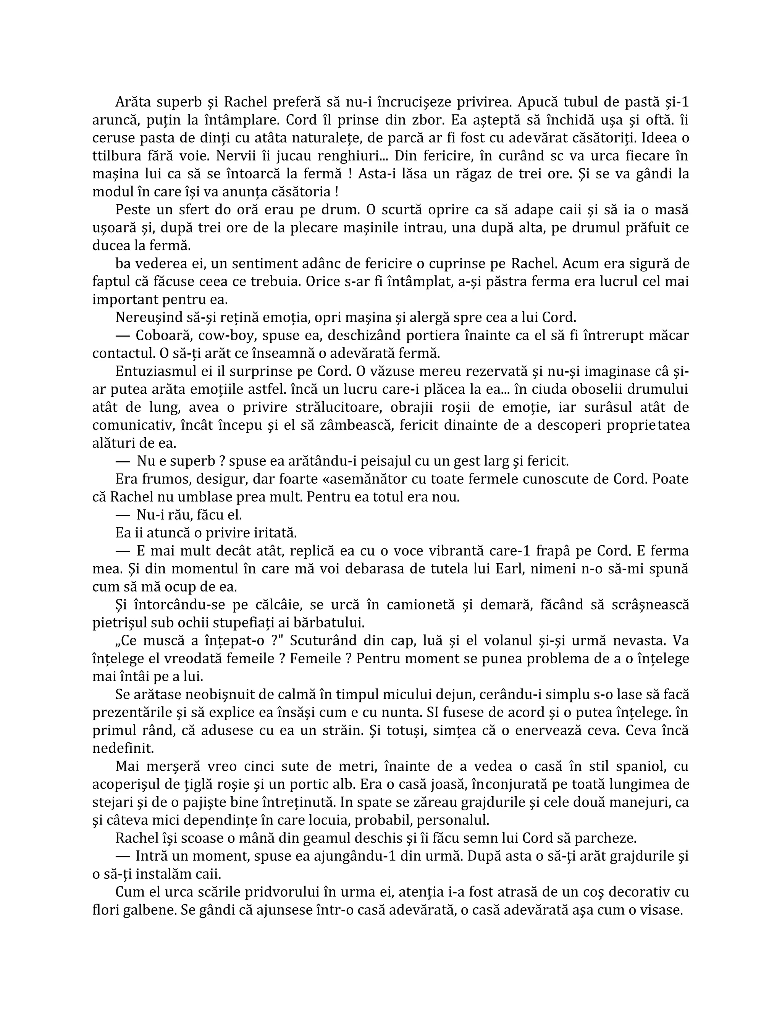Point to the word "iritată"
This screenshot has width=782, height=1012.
(272, 533)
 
